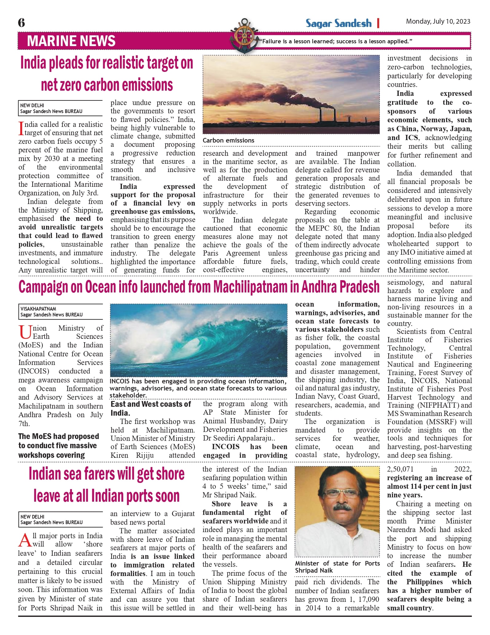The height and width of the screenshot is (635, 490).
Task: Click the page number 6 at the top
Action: click(x=22, y=23)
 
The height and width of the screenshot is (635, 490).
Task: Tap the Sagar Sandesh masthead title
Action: click(x=338, y=23)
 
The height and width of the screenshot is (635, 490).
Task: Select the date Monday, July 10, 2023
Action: click(x=438, y=22)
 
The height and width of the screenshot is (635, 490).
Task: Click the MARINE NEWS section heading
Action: click(x=71, y=41)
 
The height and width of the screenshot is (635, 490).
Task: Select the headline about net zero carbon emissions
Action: click(x=107, y=74)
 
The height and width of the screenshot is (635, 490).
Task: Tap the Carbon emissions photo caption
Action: click(x=229, y=140)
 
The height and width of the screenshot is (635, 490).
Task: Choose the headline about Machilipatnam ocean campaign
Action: click(x=199, y=287)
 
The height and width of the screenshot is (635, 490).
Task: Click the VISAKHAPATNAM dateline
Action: click(x=38, y=309)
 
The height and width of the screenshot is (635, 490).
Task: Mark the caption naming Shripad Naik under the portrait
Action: click(x=337, y=567)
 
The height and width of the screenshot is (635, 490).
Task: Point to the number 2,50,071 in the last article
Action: click(x=400, y=469)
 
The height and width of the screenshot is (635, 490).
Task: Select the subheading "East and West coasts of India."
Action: click(x=151, y=408)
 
